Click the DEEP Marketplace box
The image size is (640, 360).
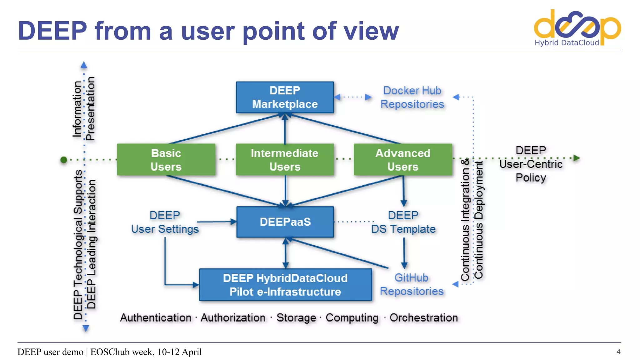285,97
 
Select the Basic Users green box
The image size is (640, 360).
166,160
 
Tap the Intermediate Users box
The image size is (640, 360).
285,160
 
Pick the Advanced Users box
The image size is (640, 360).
403,160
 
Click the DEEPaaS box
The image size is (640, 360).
285,222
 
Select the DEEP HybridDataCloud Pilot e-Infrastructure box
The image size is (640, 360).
285,285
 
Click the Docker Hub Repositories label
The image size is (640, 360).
412,97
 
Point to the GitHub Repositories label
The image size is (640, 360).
412,284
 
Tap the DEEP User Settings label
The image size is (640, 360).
165,222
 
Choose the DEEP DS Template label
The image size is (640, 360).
403,222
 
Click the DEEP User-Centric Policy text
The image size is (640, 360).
531,164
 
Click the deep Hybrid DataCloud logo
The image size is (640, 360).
577,28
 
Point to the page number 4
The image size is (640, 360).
618,352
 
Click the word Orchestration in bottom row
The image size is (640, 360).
423,318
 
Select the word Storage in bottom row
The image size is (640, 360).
296,318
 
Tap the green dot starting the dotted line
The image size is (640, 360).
64,160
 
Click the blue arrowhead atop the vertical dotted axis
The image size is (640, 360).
84,65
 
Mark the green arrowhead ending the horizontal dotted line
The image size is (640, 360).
577,158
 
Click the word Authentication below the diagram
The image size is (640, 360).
156,318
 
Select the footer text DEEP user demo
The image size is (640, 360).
50,352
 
